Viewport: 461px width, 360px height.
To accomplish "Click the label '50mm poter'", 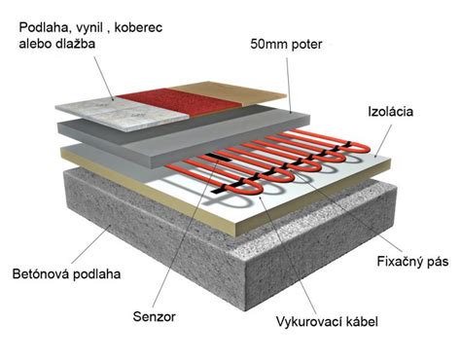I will (291, 44).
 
